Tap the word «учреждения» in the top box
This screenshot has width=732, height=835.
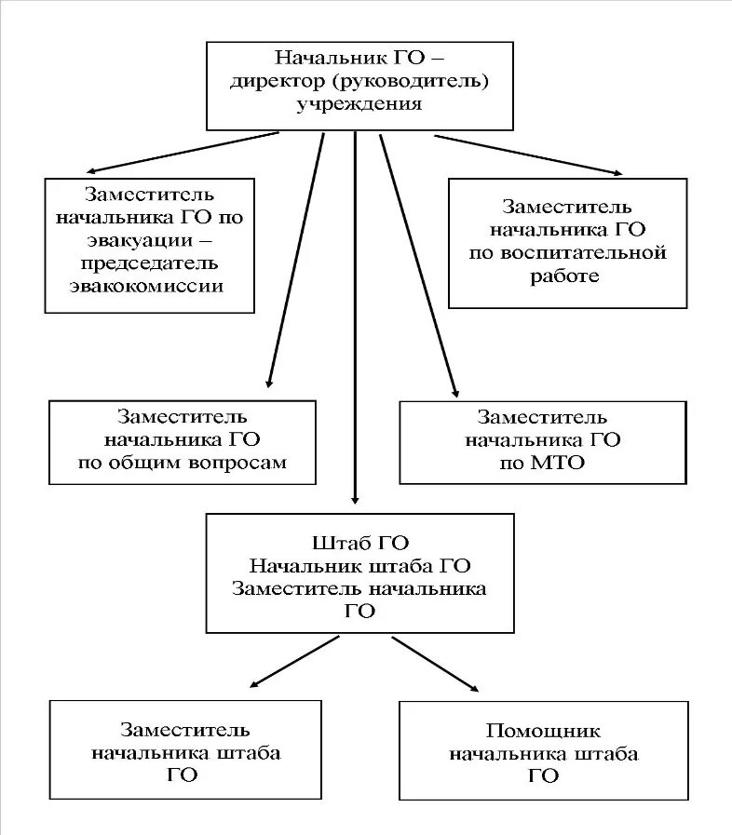359,104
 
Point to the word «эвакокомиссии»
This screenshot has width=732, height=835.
147,286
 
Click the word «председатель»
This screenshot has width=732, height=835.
147,263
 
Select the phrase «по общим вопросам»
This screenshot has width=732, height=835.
183,463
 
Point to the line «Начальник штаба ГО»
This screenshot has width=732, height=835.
360,565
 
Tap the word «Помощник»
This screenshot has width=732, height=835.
544,731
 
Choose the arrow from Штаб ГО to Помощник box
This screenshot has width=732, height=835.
436,664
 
